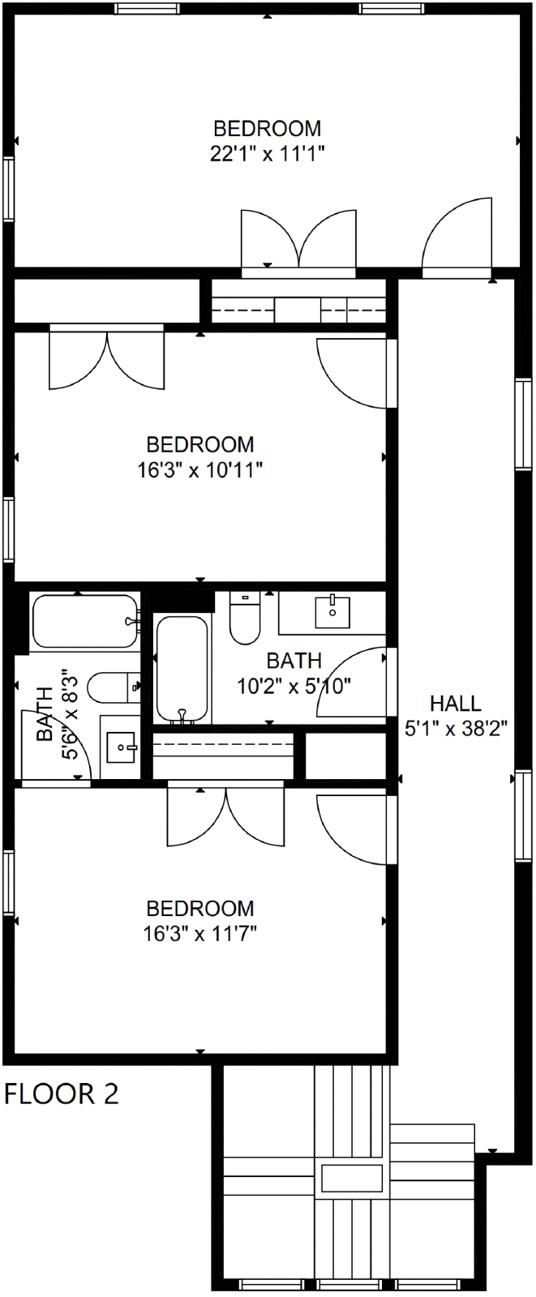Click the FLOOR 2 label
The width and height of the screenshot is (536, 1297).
pos(62,1094)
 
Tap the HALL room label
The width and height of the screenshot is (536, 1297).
pos(456,704)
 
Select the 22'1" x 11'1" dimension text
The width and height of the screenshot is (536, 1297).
pos(267,154)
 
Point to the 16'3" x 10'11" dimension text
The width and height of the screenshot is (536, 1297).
pos(200,470)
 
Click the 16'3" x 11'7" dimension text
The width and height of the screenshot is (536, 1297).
pos(200,934)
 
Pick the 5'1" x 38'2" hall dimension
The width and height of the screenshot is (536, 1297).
pos(456,729)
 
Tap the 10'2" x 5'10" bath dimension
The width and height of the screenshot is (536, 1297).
pos(294,686)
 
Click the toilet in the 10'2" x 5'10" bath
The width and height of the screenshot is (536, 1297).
pos(245,617)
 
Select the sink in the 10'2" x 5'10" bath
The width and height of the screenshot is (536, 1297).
pos(332,611)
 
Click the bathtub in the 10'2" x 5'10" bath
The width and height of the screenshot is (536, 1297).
pos(182,669)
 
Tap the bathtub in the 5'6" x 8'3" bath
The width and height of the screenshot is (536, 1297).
pos(85,621)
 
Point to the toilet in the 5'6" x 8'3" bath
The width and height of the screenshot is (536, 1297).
pos(114,687)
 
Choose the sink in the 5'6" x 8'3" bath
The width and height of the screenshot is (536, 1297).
pos(121,747)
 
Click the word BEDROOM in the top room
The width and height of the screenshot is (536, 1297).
pos(267,129)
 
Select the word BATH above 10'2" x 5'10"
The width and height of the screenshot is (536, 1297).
pos(294,660)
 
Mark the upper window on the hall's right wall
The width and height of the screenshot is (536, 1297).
pos(523,424)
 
